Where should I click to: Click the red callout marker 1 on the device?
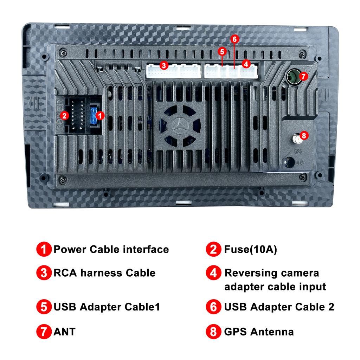click(99, 115)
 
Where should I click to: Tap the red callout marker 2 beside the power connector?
click(64, 115)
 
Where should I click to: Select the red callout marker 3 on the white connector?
click(164, 66)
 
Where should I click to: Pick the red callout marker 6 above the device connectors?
click(234, 39)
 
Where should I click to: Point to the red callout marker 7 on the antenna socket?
click(303, 76)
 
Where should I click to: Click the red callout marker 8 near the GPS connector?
click(304, 135)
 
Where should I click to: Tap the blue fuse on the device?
click(93, 116)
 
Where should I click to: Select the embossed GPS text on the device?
click(298, 151)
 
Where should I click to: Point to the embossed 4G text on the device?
click(300, 162)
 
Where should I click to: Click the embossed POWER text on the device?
click(59, 115)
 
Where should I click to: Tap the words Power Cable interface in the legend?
click(111, 249)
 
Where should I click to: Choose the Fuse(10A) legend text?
click(250, 249)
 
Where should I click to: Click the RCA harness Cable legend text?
click(104, 273)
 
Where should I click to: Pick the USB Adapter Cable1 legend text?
click(107, 307)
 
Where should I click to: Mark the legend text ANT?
click(65, 332)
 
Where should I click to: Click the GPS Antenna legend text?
click(259, 332)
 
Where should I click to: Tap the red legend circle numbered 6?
click(213, 307)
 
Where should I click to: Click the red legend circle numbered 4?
click(213, 273)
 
